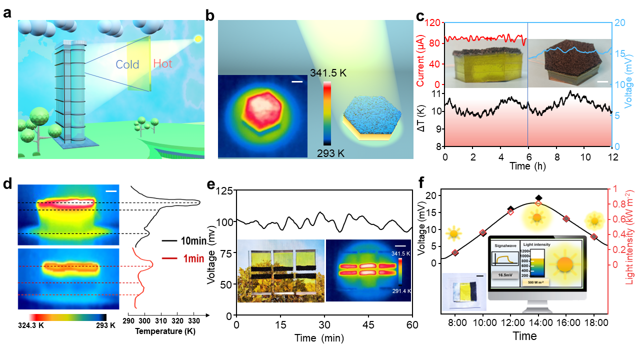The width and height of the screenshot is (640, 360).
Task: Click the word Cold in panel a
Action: [127, 64]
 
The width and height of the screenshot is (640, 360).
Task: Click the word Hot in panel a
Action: [164, 64]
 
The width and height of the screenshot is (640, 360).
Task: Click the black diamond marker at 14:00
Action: [538, 198]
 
